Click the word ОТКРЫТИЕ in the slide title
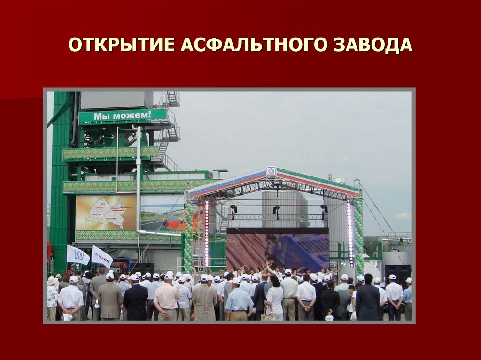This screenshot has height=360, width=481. click(122, 45)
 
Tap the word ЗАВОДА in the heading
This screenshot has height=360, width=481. click(373, 45)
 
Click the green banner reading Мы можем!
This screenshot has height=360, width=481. click(123, 115)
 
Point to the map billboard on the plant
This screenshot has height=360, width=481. click(106, 213)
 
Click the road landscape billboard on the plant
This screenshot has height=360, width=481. click(162, 214)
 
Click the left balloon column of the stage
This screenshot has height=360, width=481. click(188, 235)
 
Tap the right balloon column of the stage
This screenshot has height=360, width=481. click(358, 235)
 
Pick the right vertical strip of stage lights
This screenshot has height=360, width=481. click(349, 233)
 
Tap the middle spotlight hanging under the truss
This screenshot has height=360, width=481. click(276, 209)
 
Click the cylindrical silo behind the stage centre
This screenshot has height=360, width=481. click(284, 207)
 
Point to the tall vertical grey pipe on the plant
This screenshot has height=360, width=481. click(139, 178)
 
